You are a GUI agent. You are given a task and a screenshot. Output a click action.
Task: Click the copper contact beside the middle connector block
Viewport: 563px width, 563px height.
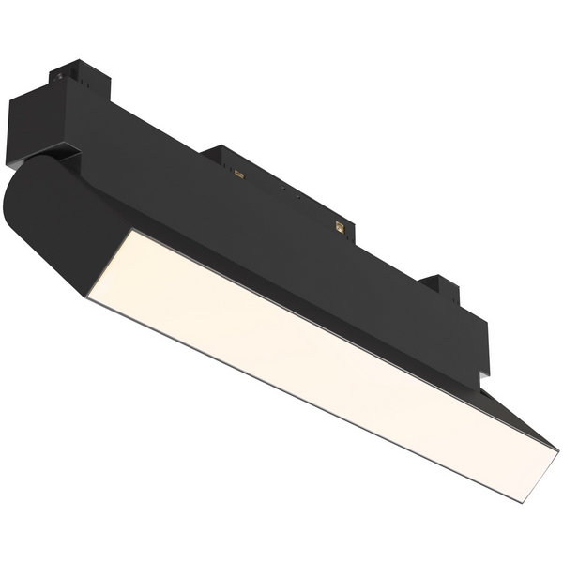click(x=238, y=173)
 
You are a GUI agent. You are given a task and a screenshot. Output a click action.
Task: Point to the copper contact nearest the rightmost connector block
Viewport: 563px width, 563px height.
click(x=340, y=225)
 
